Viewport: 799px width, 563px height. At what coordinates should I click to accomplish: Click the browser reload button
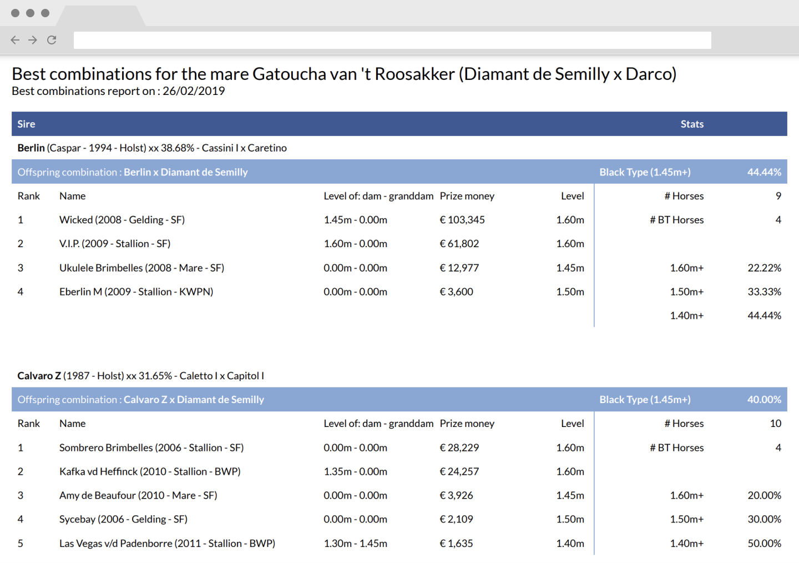52,39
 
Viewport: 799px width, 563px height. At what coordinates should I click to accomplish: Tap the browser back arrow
15,39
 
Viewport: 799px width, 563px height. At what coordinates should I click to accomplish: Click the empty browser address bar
392,40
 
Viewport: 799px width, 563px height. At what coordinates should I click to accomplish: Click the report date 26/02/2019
194,91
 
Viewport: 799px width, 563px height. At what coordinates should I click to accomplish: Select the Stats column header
691,124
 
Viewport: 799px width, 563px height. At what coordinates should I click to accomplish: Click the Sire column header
27,124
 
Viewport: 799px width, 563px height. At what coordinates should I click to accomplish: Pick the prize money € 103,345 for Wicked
462,219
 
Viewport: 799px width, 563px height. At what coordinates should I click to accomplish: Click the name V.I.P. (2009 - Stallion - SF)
115,244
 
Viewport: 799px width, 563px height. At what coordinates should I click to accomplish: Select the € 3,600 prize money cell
456,291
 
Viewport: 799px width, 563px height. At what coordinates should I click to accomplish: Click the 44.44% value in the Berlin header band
764,172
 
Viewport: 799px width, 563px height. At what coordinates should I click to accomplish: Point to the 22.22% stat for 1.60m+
764,268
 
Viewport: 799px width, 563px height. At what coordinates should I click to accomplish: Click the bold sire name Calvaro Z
39,375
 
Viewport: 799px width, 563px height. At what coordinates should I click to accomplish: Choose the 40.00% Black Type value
764,400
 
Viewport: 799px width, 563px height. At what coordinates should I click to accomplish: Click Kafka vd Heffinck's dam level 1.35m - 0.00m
355,471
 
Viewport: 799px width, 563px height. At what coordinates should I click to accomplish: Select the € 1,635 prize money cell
456,544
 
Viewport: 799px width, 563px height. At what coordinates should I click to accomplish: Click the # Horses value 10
776,424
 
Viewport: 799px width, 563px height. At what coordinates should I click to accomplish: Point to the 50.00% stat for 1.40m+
764,544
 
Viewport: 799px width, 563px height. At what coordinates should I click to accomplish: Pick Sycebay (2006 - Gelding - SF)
123,519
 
